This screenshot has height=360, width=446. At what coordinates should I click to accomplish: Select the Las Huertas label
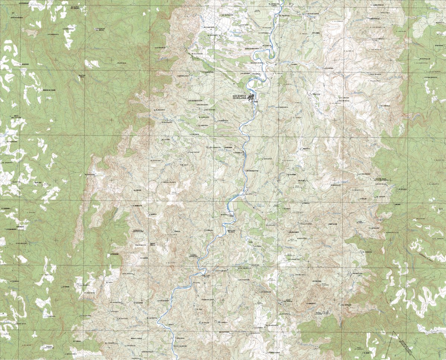pos(69,29)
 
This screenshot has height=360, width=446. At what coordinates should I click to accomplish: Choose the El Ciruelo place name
pos(385,106)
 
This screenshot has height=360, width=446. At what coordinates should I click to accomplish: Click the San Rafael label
pos(210,110)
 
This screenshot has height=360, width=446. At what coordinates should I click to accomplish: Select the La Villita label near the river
pos(267,28)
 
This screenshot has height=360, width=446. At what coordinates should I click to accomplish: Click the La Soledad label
pos(114,254)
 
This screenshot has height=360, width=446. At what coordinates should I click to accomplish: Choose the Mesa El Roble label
pos(136,338)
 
